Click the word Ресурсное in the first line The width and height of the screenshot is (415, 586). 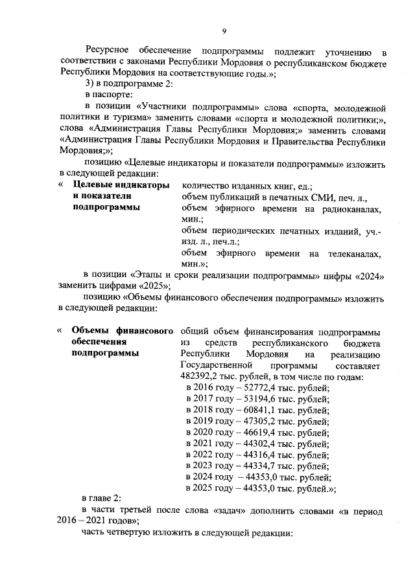coord(108,52)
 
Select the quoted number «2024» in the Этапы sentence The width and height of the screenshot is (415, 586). coord(373,275)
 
